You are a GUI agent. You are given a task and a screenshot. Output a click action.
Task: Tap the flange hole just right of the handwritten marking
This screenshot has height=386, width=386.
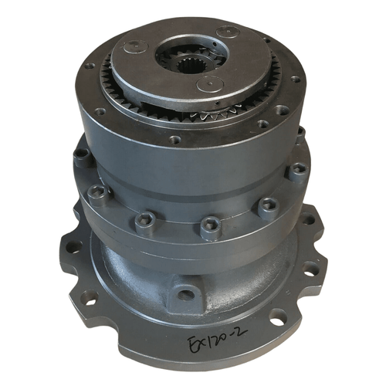(276, 316)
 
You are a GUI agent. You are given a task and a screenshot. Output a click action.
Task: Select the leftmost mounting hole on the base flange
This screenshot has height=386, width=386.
(73, 247)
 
